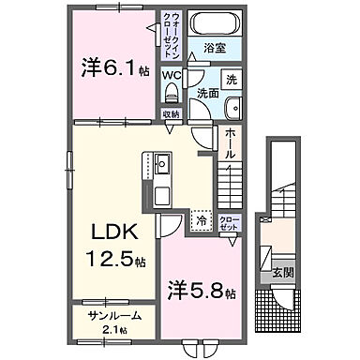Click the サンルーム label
pyautogui.click(x=105, y=317)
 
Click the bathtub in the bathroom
pyautogui.click(x=216, y=22)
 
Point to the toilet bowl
pyautogui.click(x=171, y=93)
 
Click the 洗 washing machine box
pyautogui.click(x=231, y=79)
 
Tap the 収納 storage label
pyautogui.click(x=170, y=114)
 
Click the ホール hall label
pyautogui.click(x=232, y=142)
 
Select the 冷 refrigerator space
pyautogui.click(x=201, y=222)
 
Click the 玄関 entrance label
pyautogui.click(x=281, y=275)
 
